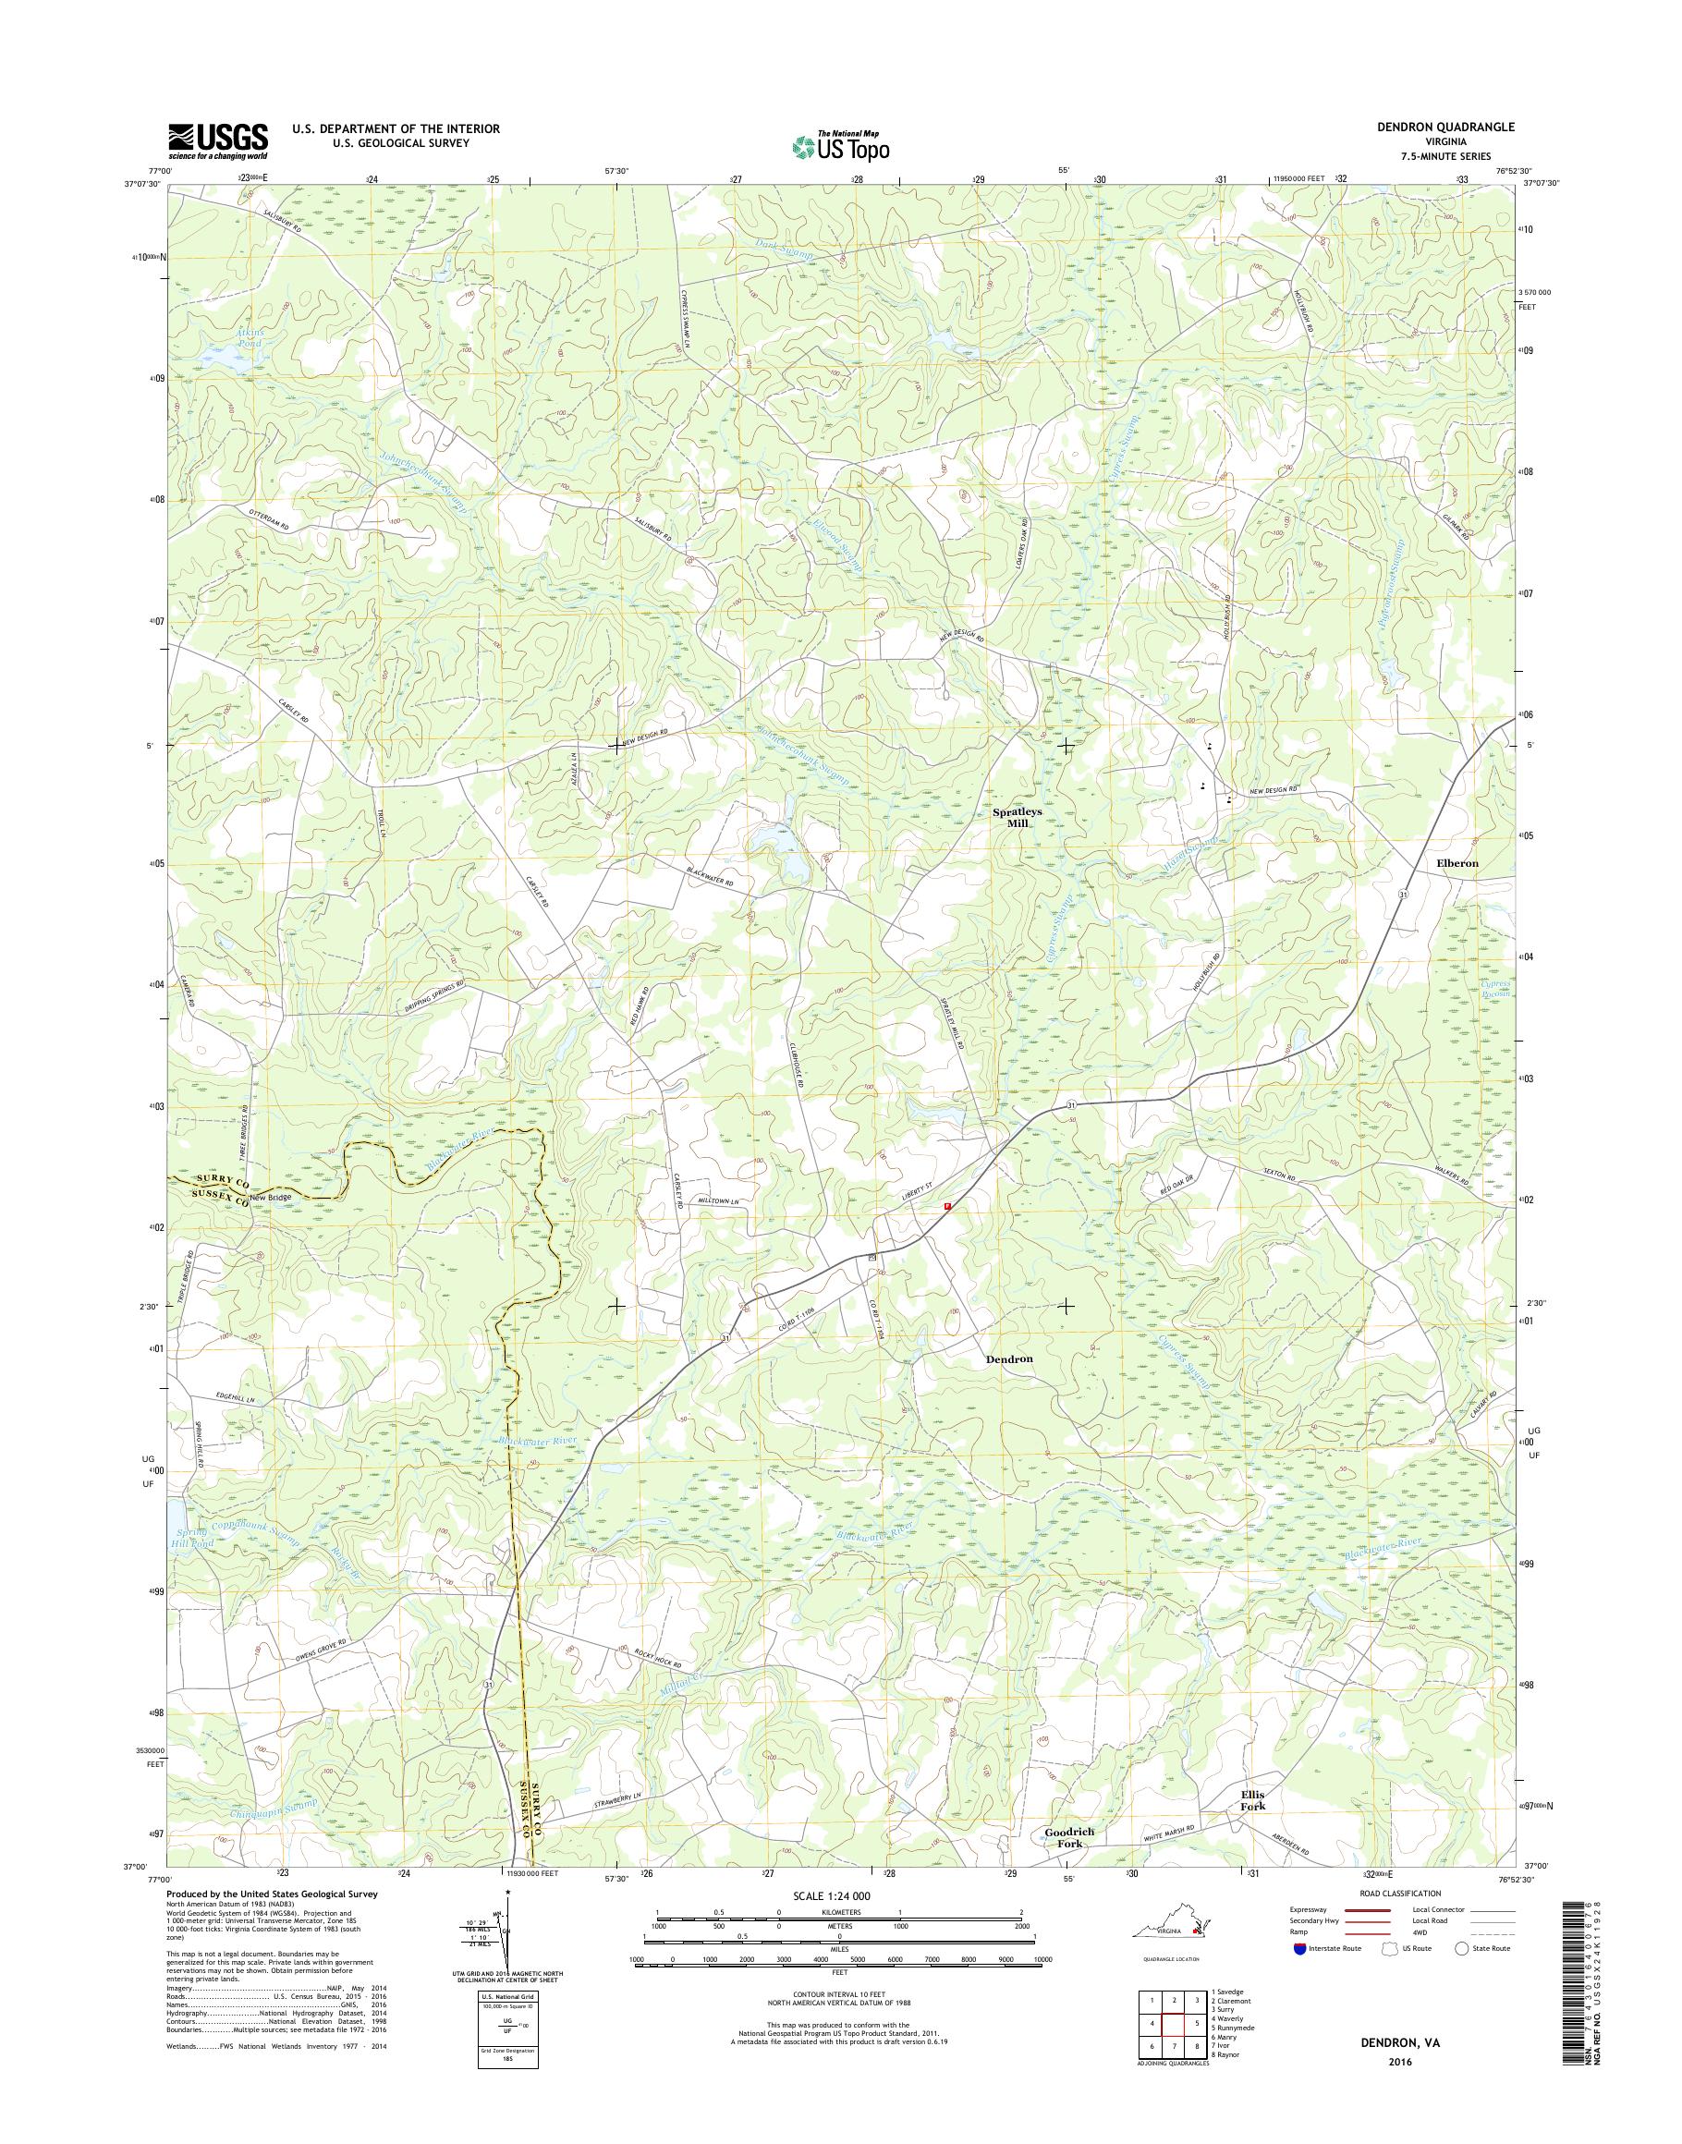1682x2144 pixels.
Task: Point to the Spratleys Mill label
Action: [1017, 819]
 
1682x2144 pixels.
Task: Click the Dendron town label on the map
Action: [1009, 1358]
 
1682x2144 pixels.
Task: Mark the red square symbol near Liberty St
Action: [947, 1205]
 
